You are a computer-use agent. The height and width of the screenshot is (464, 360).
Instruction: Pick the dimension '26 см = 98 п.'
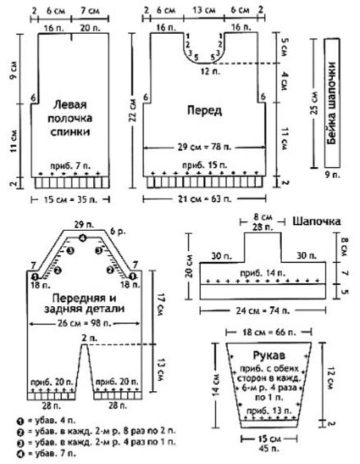tap(84, 324)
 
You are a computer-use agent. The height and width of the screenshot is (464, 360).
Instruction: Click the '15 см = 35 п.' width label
tap(71, 199)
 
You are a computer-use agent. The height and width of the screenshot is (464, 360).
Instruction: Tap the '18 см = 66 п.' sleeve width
tap(269, 332)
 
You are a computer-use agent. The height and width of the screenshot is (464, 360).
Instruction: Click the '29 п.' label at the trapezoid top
tap(83, 223)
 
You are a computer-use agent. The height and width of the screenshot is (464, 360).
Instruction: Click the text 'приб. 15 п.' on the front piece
tap(204, 164)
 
